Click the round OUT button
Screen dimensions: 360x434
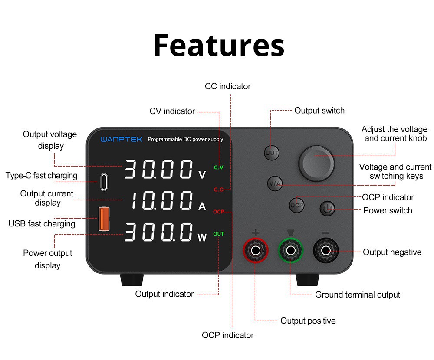click(x=272, y=153)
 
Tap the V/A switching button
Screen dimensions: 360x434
click(x=275, y=183)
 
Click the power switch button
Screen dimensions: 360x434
click(x=328, y=209)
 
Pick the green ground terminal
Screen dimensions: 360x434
click(x=290, y=250)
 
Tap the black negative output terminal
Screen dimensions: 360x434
click(x=326, y=250)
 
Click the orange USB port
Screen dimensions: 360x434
click(x=104, y=219)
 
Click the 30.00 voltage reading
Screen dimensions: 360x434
click(x=159, y=169)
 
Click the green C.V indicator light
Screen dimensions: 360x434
click(x=218, y=167)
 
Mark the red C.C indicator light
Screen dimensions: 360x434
click(x=218, y=190)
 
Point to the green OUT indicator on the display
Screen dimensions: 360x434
click(x=219, y=234)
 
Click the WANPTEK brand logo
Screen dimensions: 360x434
click(x=121, y=140)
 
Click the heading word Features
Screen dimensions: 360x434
click(x=219, y=45)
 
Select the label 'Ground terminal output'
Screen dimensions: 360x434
click(x=357, y=295)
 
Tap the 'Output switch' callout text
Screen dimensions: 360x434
click(x=319, y=111)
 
